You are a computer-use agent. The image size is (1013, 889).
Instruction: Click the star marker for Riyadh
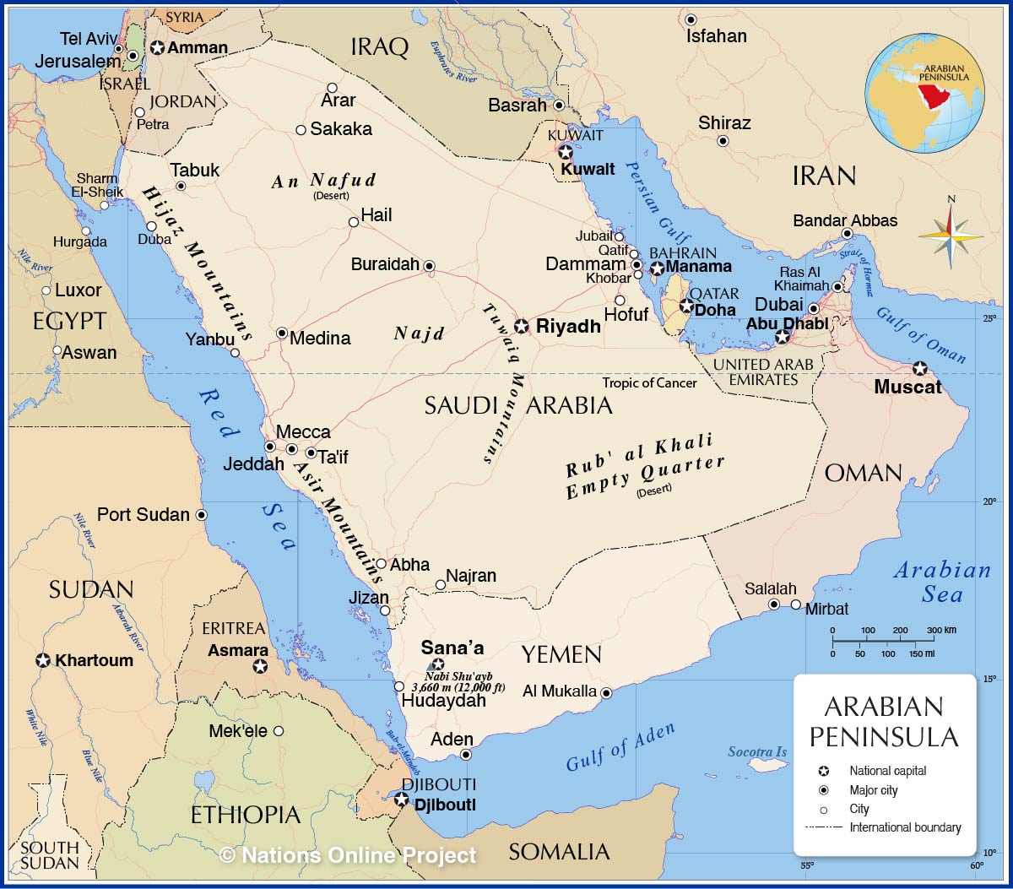(x=522, y=326)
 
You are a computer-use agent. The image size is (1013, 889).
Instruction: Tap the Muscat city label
(x=907, y=388)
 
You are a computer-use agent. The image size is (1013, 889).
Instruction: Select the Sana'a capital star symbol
(x=438, y=664)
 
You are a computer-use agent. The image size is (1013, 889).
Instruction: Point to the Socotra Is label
(x=757, y=751)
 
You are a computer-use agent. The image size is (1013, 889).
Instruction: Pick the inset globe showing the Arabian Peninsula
(x=924, y=92)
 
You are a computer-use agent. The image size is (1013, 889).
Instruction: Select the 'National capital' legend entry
(x=887, y=771)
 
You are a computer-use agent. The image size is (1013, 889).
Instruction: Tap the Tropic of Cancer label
(x=649, y=382)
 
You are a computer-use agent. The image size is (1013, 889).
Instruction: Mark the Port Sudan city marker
(x=201, y=515)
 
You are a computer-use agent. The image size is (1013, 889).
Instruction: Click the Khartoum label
(x=94, y=660)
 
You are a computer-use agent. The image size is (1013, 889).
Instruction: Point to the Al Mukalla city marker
(x=606, y=693)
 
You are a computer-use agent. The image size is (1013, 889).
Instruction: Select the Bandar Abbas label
(x=845, y=220)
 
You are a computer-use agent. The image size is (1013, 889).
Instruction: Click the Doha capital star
(x=686, y=306)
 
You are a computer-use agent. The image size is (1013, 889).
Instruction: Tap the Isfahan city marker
(x=691, y=19)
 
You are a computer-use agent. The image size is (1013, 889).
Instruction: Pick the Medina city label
(x=320, y=338)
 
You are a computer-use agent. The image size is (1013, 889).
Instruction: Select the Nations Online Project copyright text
(x=348, y=855)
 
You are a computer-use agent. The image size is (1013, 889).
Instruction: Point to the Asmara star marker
(x=260, y=667)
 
